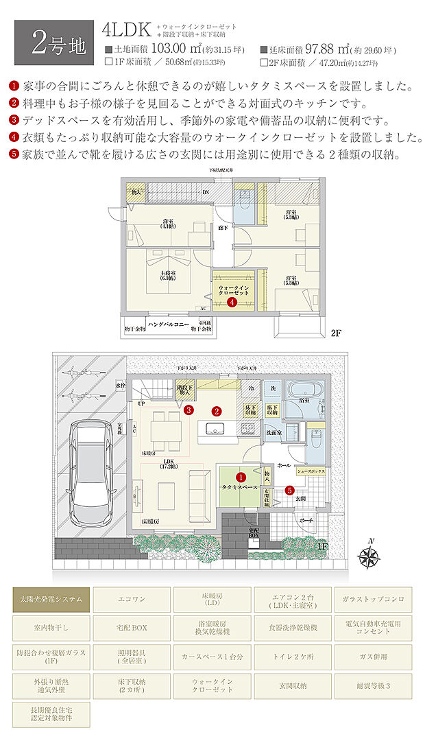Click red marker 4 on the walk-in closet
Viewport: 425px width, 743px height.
point(233,301)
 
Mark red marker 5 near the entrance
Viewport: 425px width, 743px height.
point(289,490)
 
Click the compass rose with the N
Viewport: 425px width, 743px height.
point(370,558)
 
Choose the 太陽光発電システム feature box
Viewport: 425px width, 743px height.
point(51,599)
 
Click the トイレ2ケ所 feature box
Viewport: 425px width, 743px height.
point(293,657)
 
